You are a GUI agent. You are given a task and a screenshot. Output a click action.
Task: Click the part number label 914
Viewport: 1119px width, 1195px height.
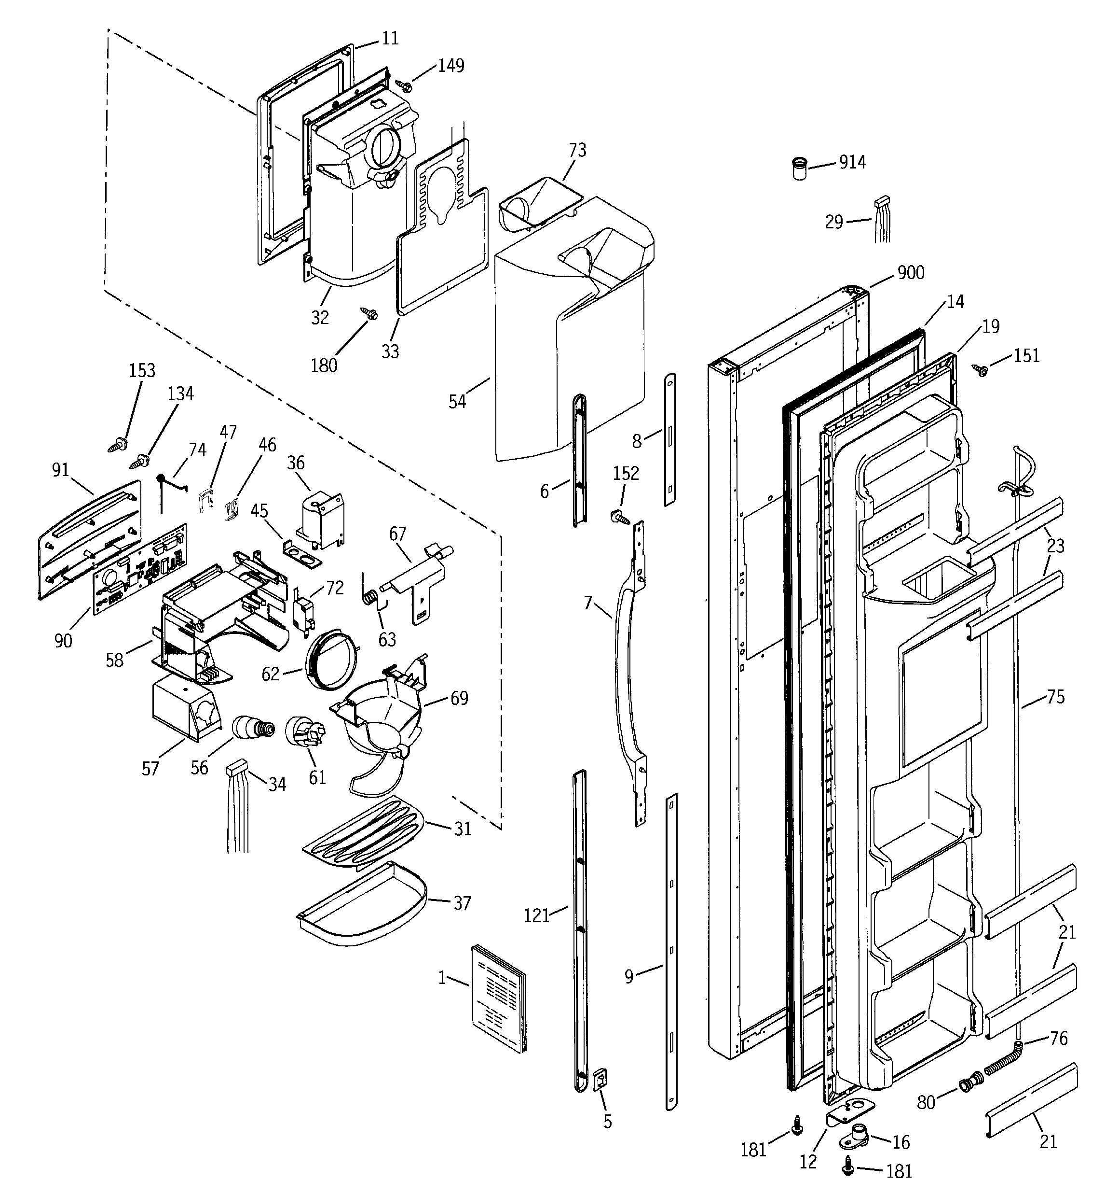click(x=852, y=162)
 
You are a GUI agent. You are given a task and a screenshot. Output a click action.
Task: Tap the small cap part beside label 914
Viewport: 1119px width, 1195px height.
click(x=799, y=169)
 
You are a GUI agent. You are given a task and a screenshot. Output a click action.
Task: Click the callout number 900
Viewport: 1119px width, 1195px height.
click(x=911, y=273)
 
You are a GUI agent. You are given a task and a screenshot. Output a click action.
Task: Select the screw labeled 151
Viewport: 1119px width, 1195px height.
click(x=982, y=370)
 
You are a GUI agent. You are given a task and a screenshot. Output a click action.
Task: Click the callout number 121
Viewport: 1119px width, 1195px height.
click(x=536, y=915)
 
